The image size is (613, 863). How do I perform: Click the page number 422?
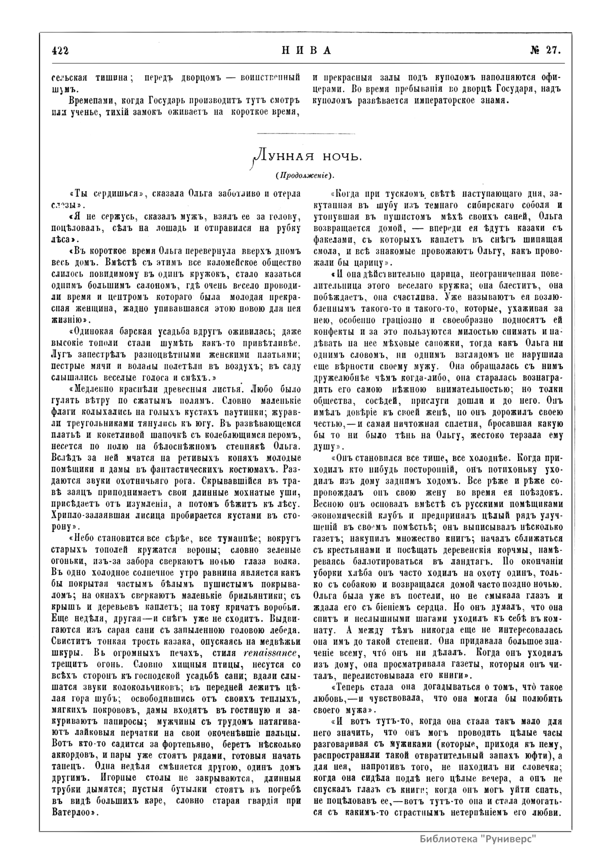tap(59, 50)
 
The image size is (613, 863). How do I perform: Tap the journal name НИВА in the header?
tap(306, 50)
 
